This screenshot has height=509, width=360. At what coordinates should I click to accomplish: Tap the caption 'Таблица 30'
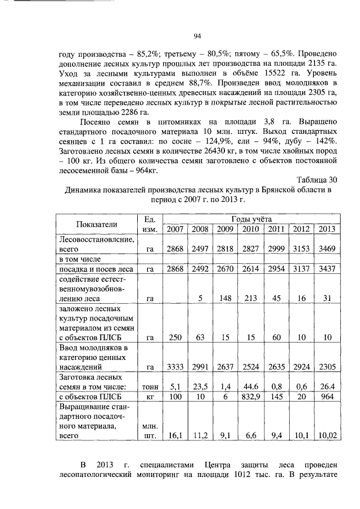click(x=317, y=180)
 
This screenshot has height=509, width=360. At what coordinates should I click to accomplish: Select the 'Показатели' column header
click(x=97, y=224)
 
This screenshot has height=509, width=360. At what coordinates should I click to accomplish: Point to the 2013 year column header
click(x=326, y=229)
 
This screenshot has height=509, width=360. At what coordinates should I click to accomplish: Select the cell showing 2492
click(x=200, y=269)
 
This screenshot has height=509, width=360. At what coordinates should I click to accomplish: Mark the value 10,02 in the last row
click(x=326, y=435)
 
